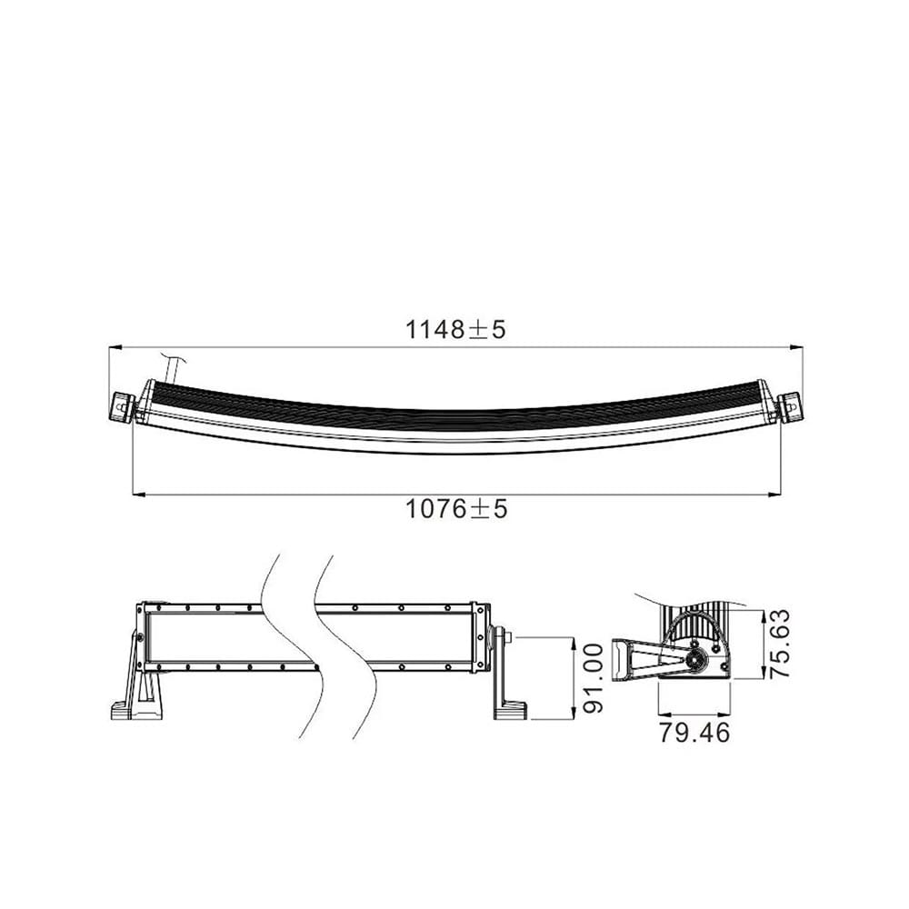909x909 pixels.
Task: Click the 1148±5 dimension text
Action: [454, 329]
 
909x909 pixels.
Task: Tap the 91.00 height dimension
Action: [592, 678]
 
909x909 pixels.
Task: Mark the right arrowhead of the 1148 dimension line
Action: [796, 346]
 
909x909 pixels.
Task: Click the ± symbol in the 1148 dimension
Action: [477, 330]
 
